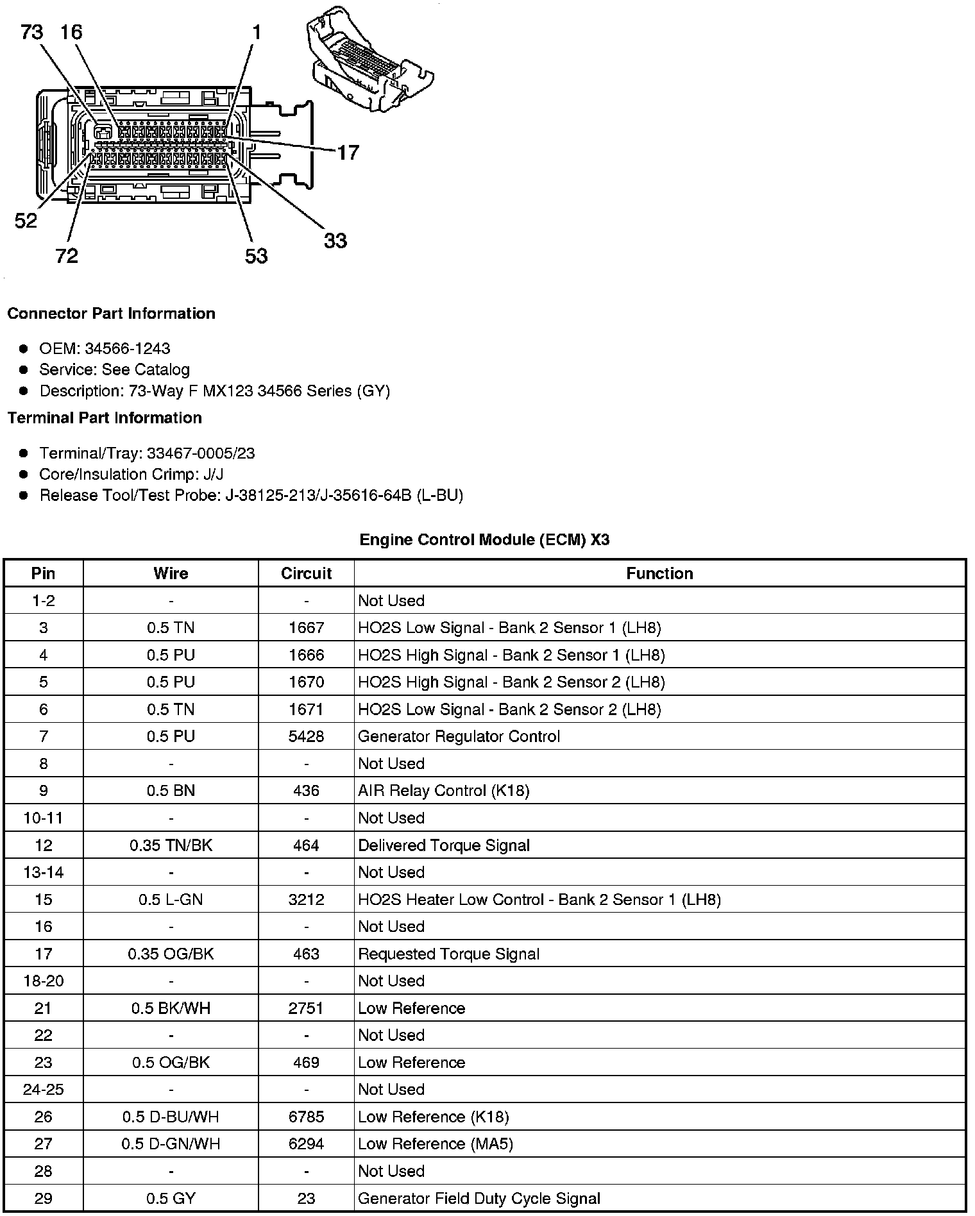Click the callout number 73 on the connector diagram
31,32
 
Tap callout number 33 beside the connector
335,241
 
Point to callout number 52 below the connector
26,221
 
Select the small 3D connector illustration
370,62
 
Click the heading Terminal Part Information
105,418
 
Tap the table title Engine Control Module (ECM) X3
484,539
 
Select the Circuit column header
306,573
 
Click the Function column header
659,573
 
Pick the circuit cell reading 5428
306,736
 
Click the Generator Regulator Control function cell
459,736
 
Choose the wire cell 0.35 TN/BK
171,845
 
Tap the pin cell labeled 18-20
44,981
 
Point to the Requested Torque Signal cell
448,954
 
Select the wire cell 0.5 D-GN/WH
171,1144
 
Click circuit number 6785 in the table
306,1117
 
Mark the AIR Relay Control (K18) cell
443,791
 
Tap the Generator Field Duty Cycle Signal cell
479,1198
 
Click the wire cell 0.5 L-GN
171,899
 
